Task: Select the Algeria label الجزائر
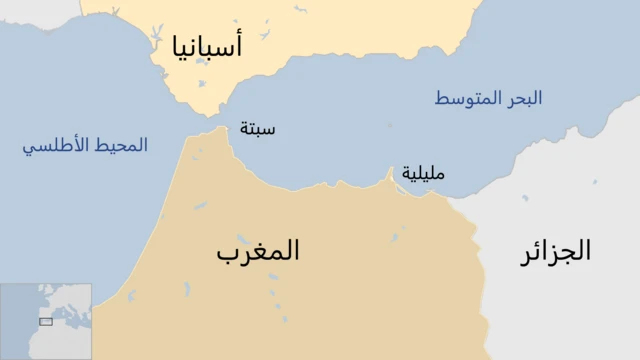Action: (x=556, y=251)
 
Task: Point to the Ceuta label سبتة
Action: (x=259, y=129)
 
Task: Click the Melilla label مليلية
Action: (x=423, y=172)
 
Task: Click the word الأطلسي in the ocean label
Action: (x=54, y=146)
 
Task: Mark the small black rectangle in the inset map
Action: (x=45, y=322)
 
